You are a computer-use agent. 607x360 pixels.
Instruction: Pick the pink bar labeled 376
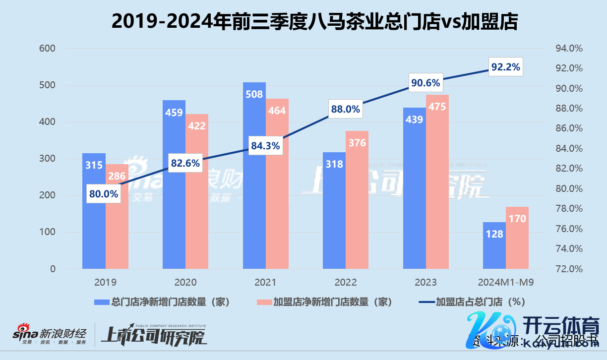coord(357,208)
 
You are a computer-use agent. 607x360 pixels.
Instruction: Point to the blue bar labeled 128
coord(494,248)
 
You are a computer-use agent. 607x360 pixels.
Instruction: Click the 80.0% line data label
coord(104,194)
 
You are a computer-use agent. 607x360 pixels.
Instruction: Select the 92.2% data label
coord(505,67)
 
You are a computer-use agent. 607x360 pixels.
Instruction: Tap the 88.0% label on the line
coord(345,110)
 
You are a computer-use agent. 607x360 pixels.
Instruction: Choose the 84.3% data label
coord(265,146)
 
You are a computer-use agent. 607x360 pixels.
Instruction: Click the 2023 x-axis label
coord(425,283)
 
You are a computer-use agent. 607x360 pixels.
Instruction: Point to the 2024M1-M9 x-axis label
coord(506,283)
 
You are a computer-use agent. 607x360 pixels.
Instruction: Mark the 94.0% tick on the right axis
coord(568,49)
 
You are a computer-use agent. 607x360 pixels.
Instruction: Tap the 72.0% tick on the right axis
coord(568,269)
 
